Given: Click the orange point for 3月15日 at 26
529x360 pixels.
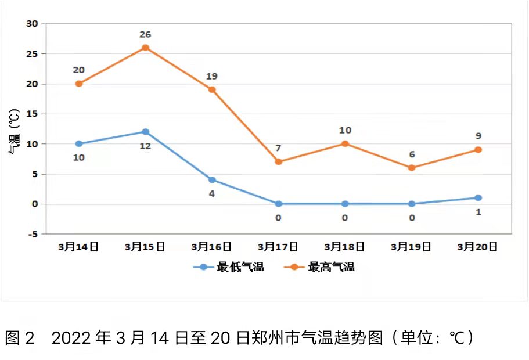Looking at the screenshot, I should click(x=145, y=48).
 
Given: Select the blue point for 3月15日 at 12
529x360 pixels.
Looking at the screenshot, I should click(x=145, y=132).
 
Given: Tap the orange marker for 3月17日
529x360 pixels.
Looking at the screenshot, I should click(x=278, y=161).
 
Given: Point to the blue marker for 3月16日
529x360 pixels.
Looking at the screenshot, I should click(x=212, y=180).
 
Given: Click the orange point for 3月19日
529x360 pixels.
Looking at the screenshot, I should click(x=411, y=168).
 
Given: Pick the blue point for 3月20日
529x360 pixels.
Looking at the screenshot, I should click(x=478, y=198).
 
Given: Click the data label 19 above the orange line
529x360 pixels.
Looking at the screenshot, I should click(x=212, y=76).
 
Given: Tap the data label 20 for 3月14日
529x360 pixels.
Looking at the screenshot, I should click(x=78, y=70).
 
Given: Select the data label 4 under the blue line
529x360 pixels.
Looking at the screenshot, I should click(x=212, y=193).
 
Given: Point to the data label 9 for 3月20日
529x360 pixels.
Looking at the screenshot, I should click(x=478, y=136).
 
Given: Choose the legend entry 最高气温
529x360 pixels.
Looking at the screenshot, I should click(x=331, y=267).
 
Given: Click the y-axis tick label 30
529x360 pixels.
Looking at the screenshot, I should click(x=31, y=24).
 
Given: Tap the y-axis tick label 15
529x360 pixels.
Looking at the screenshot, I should click(x=31, y=114).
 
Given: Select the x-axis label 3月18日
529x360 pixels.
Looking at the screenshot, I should click(x=344, y=247).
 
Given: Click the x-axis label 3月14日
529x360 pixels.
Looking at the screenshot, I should click(x=78, y=247).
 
